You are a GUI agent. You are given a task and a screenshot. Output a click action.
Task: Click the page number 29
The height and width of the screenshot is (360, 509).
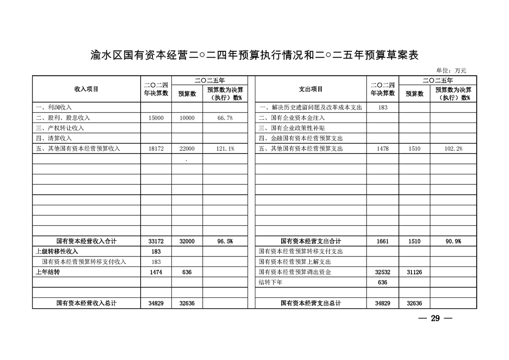(435, 318)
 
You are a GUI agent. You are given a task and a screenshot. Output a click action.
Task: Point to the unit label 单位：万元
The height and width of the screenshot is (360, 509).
(451, 70)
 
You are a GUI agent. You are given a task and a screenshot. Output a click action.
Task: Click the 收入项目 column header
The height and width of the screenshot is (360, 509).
(86, 89)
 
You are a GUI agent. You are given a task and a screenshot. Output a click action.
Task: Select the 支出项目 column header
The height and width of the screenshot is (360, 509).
(311, 89)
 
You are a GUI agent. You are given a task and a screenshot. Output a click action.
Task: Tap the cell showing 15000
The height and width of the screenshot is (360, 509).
(156, 118)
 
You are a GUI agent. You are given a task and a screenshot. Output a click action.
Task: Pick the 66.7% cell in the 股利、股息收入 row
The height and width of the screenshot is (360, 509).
(225, 118)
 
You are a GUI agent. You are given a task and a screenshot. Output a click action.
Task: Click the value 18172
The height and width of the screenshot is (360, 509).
(156, 148)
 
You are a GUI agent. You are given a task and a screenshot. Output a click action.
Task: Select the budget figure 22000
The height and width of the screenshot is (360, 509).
(187, 148)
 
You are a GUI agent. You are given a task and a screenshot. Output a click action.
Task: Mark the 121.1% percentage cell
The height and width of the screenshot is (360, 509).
(225, 148)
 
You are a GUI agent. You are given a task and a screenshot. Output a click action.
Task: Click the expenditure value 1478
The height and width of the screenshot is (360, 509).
(382, 148)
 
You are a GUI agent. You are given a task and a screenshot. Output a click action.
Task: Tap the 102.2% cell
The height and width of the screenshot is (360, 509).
(453, 148)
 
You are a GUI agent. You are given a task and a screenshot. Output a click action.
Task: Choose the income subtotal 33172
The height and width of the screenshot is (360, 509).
(156, 242)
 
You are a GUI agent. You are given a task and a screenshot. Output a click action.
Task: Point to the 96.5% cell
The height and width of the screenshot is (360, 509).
(225, 242)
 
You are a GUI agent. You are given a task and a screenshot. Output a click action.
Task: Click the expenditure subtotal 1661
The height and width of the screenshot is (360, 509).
(382, 242)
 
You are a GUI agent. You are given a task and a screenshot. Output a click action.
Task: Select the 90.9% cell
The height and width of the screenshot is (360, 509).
(453, 242)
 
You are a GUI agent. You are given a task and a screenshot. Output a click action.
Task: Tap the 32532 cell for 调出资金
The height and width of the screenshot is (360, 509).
(382, 272)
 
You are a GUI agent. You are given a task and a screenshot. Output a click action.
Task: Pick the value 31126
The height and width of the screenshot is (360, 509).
(415, 272)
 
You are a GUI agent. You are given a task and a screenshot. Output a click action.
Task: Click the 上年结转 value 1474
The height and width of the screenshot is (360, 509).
(156, 272)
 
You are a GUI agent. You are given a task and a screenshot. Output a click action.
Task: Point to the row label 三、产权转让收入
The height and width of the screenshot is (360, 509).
(60, 128)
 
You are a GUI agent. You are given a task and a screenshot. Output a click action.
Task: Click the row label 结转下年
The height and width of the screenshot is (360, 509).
(270, 282)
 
